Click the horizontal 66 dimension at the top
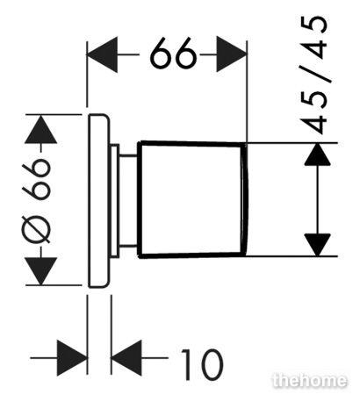[173, 54]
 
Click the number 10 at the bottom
[202, 364]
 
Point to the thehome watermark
[309, 380]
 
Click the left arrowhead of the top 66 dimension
[103, 54]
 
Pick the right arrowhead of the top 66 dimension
[231, 54]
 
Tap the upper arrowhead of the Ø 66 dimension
[40, 129]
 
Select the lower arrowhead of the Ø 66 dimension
[40, 271]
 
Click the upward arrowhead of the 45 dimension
[318, 154]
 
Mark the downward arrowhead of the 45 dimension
[318, 245]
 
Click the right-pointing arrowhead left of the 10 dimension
[72, 358]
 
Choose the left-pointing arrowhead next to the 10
[126, 358]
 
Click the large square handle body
[191, 200]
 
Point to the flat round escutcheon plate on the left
[98, 201]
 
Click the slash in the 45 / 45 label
[315, 74]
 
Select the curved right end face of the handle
[245, 200]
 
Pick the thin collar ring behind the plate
[114, 201]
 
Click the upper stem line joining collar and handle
[128, 155]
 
